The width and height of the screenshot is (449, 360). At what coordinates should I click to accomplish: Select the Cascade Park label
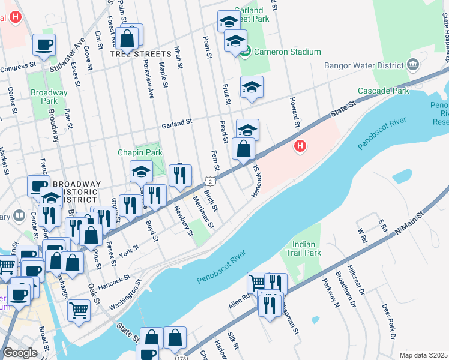(x=383, y=91)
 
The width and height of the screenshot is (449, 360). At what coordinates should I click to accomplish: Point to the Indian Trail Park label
(x=307, y=248)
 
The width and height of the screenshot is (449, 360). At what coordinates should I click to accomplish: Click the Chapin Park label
(x=140, y=153)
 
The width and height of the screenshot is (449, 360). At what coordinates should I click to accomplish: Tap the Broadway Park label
(x=49, y=97)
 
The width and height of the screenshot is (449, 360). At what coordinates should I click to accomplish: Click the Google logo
(x=20, y=353)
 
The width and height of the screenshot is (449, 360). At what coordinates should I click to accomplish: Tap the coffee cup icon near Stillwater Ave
(x=44, y=44)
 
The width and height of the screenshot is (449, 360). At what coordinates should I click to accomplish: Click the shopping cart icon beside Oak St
(x=79, y=310)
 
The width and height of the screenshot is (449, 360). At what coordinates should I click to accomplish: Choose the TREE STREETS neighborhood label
(x=136, y=53)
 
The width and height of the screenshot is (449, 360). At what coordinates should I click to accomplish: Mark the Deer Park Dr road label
(x=388, y=322)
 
